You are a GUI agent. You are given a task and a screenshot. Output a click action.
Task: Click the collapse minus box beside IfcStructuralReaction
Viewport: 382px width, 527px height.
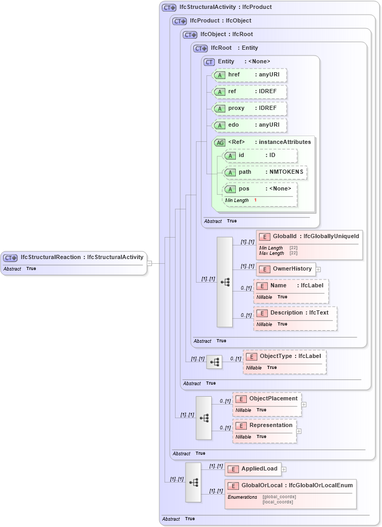point(149,263)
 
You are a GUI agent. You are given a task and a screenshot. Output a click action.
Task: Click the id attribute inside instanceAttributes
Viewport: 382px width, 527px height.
point(260,155)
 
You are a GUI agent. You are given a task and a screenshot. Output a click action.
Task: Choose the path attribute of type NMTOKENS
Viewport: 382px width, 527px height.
point(265,172)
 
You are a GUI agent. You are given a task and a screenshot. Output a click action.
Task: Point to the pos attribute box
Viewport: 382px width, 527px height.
point(260,189)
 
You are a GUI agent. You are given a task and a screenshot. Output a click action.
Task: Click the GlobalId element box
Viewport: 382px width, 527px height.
point(309,237)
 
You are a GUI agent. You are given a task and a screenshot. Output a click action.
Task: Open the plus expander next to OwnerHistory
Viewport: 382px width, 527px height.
point(318,269)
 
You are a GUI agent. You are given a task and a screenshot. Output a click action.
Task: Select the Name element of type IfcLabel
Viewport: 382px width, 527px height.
point(291,286)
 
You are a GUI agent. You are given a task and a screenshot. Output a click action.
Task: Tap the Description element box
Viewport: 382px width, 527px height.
point(295,312)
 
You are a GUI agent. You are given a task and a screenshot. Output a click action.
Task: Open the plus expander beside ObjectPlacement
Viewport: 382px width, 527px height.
point(304,404)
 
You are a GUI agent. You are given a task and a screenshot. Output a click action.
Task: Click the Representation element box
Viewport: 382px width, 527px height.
point(265,425)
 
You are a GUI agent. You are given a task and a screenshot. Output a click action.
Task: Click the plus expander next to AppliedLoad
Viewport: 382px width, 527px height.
point(284,469)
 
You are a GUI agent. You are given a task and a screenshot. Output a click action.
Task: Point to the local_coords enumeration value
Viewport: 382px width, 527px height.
point(278,502)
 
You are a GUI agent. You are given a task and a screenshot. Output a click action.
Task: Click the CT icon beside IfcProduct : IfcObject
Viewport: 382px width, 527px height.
point(180,21)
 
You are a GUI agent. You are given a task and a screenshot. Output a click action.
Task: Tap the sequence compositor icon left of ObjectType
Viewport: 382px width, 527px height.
point(214,362)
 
